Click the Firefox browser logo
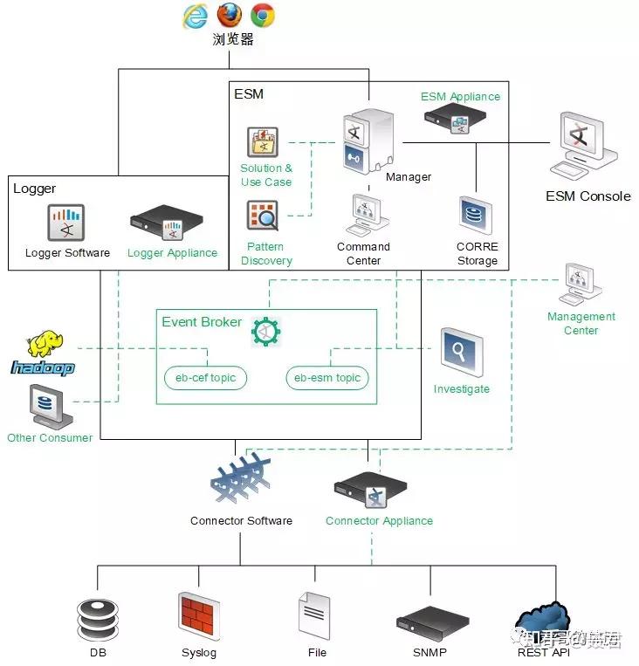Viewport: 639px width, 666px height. [230, 15]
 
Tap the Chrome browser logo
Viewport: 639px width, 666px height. [263, 15]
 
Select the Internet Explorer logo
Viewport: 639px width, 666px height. [196, 16]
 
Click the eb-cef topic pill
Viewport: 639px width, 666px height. [206, 378]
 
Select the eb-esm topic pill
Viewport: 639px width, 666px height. [327, 378]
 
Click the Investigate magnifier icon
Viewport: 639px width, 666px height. [461, 354]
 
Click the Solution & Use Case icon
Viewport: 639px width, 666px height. [262, 141]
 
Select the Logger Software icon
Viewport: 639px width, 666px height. [65, 223]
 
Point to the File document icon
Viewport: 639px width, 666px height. [314, 616]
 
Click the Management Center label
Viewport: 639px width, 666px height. [581, 323]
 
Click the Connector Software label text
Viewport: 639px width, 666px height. [241, 521]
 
